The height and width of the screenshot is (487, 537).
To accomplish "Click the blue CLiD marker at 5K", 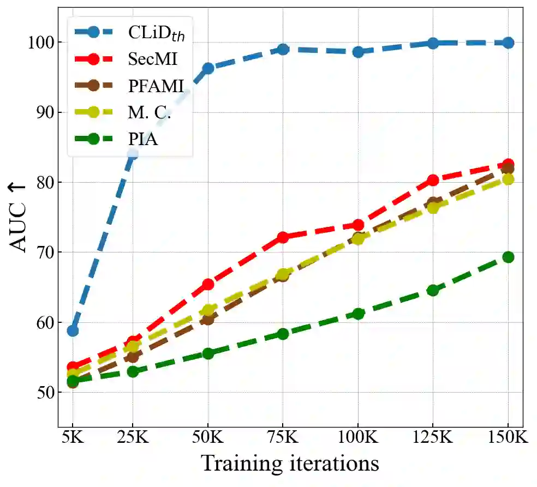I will coord(73,330).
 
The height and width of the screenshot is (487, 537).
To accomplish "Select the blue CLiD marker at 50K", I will coord(208,68).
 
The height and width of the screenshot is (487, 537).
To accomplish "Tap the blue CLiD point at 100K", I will coord(358,52).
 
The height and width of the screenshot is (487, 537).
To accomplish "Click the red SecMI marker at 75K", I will coord(283,237).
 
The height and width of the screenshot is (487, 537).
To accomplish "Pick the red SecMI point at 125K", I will coord(433,180).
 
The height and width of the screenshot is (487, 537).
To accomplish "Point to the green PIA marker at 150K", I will coord(508,257).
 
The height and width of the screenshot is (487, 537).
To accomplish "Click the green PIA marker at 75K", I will coord(283,333).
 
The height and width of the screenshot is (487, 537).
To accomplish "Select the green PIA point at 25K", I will coord(133,371).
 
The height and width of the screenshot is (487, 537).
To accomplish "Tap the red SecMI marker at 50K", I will coord(208,284).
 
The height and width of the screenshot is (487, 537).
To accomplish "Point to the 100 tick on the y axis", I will coord(40,43).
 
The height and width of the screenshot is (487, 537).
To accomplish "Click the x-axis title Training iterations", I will coord(290,464).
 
